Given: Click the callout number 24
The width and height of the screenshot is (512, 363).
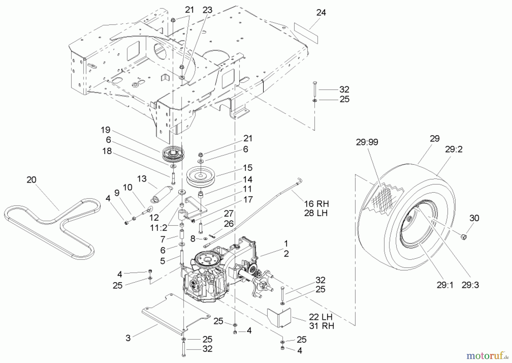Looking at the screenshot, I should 321,13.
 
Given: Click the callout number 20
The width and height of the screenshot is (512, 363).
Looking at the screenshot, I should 32,180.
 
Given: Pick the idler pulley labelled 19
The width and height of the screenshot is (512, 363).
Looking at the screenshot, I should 172,154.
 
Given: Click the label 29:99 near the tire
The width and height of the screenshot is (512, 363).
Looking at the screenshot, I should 367,142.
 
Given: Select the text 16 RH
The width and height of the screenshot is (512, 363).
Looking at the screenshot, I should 316,204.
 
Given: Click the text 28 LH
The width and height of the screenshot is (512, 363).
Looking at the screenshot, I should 316,213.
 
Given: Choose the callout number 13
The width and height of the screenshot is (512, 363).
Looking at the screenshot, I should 142,179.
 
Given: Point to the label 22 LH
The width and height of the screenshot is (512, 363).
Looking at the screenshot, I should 321,317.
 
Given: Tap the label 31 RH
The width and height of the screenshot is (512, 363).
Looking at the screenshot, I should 321,326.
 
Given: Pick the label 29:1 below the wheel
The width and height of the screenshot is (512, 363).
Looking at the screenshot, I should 445,285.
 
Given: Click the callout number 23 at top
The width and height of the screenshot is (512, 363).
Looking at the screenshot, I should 207,10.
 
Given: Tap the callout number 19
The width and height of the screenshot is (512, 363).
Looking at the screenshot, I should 105,130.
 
